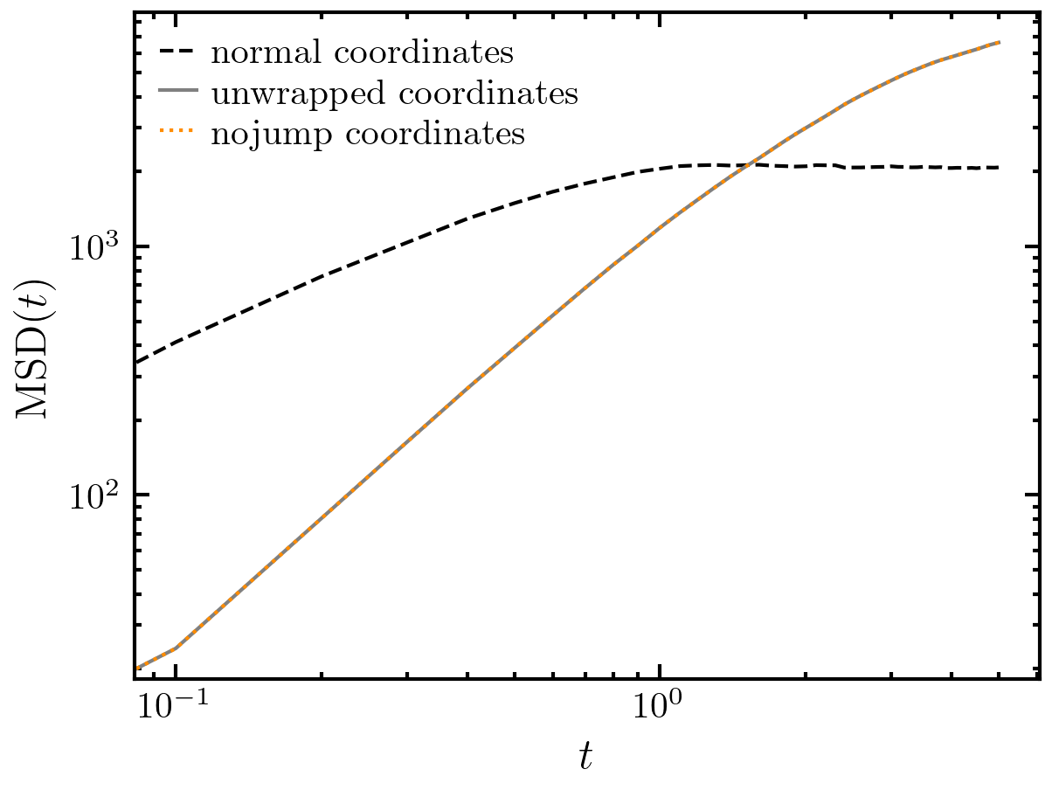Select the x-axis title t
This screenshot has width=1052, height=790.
(586, 757)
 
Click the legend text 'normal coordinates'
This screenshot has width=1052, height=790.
(361, 53)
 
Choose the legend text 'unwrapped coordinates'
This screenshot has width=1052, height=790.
(393, 94)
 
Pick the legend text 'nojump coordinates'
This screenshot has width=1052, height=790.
(367, 135)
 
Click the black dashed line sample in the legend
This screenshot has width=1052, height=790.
(178, 52)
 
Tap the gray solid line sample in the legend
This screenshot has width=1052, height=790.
(178, 93)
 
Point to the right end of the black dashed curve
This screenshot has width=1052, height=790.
(999, 168)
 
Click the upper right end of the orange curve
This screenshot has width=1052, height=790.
(999, 42)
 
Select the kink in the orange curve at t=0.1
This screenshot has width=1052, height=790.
(176, 648)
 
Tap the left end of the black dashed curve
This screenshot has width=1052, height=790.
(136, 362)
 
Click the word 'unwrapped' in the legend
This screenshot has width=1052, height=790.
(281, 94)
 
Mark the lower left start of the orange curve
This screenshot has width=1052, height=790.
(136, 669)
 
